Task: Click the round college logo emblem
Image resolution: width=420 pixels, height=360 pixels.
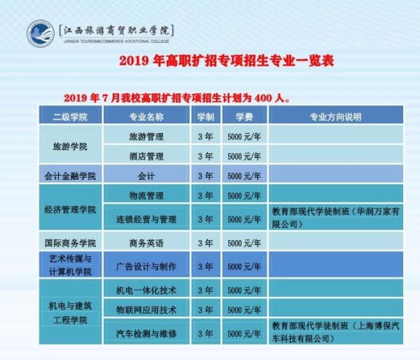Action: (40, 34)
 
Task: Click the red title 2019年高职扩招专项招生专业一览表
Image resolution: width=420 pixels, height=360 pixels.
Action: (227, 60)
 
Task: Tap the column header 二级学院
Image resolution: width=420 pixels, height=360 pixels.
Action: (70, 117)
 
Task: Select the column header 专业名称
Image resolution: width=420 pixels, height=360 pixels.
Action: (146, 117)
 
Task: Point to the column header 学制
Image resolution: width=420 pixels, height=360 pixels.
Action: (205, 117)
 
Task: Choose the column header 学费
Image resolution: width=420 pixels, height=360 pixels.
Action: (244, 117)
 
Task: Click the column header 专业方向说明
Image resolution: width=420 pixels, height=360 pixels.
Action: (335, 117)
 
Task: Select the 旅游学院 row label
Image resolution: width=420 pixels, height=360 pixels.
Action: (70, 146)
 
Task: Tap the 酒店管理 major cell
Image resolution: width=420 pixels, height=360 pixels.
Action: (146, 156)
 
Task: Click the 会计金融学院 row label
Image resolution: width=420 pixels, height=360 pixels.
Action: (70, 176)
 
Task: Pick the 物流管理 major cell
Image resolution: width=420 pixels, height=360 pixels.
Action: (146, 195)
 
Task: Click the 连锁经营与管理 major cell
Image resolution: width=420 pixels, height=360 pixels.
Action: (146, 219)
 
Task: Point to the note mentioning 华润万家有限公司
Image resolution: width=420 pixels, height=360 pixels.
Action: (335, 218)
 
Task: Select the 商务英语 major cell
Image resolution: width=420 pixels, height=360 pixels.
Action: (146, 243)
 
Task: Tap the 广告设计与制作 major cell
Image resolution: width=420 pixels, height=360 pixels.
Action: (146, 266)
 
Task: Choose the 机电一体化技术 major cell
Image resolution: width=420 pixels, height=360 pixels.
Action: (146, 290)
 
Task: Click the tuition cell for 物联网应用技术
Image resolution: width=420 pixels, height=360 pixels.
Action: (244, 310)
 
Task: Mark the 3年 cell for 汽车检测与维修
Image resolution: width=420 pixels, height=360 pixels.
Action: (205, 333)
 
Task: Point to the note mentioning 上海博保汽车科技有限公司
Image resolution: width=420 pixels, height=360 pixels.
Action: (335, 333)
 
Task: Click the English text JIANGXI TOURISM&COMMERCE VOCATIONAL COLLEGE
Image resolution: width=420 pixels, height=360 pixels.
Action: (116, 41)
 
